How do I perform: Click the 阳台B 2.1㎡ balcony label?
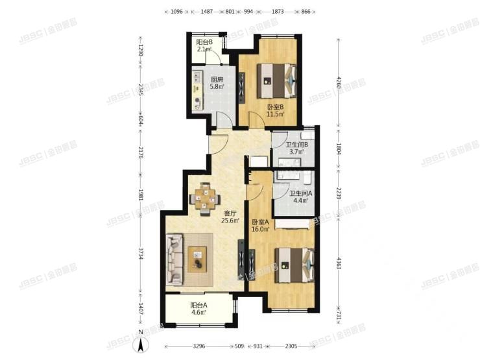(x=204, y=45)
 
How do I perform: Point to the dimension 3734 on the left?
(x=139, y=256)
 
